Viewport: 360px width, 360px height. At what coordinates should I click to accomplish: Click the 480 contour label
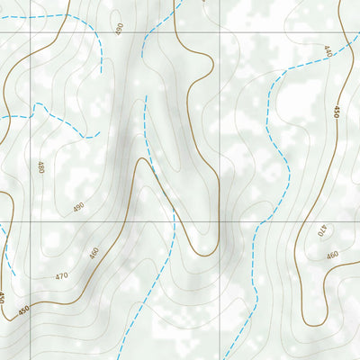pyautogui.click(x=40, y=166)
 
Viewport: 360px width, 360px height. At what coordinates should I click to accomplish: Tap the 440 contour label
pyautogui.click(x=328, y=51)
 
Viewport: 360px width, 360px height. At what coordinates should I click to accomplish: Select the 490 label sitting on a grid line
pyautogui.click(x=119, y=30)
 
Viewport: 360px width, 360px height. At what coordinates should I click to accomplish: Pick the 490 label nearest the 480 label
pyautogui.click(x=78, y=208)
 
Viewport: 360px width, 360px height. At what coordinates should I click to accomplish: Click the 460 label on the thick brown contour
pyautogui.click(x=94, y=255)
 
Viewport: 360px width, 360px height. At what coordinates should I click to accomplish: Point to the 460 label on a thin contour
pyautogui.click(x=332, y=256)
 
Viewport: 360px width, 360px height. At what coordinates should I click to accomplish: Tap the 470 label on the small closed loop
pyautogui.click(x=323, y=232)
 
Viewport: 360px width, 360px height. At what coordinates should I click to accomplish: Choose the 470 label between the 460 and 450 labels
pyautogui.click(x=61, y=276)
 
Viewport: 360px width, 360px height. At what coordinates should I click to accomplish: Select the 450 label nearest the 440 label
pyautogui.click(x=337, y=112)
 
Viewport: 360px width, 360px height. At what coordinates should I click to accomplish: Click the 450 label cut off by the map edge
pyautogui.click(x=3, y=298)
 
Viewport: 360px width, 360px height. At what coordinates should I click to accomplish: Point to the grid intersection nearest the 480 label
pyautogui.click(x=33, y=220)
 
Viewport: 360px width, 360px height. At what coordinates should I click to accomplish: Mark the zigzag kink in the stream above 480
pyautogui.click(x=38, y=108)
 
